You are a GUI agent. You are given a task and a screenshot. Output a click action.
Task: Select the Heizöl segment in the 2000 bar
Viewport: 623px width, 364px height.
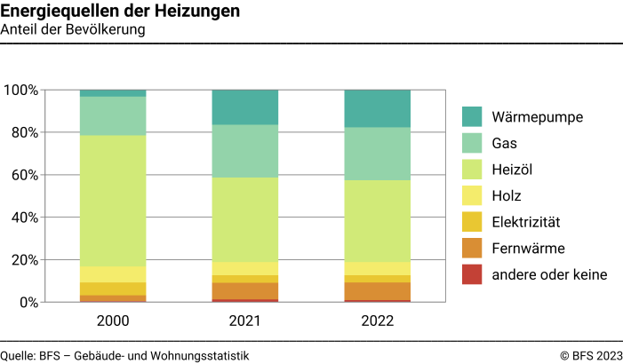point(113,201)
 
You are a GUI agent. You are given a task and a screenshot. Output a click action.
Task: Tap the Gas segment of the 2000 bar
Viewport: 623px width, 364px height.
point(113,115)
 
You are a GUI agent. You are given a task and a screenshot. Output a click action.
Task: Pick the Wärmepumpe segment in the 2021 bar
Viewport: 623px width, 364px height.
point(245,107)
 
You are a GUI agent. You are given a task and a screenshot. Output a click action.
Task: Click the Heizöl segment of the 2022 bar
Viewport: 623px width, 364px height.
point(378,221)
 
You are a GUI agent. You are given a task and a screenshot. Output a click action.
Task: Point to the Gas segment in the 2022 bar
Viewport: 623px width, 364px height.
point(378,154)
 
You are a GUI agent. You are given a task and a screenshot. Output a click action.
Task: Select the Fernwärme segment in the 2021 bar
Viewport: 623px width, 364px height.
point(245,291)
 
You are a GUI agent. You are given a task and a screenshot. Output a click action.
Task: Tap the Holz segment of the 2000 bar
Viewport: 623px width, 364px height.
point(113,274)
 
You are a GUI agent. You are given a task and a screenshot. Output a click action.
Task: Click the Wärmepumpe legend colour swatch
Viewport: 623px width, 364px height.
point(472,116)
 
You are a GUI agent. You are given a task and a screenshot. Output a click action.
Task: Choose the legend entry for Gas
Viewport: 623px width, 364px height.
point(505,143)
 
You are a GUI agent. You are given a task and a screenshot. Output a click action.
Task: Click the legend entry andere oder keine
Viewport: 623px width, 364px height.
point(549,275)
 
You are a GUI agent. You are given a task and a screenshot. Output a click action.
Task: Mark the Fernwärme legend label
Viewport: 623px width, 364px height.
point(529,249)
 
